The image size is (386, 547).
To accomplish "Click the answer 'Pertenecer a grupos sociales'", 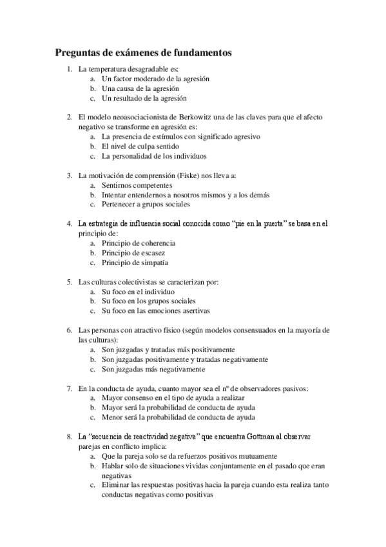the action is (x=146, y=204).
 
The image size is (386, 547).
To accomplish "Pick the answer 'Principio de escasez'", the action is (x=133, y=253).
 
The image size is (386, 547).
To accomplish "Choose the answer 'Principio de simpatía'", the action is (x=135, y=263).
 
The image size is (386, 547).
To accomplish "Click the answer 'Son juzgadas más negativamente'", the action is (x=153, y=370).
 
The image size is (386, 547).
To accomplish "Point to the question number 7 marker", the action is (x=70, y=388).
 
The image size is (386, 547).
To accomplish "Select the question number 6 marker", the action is (x=70, y=330).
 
